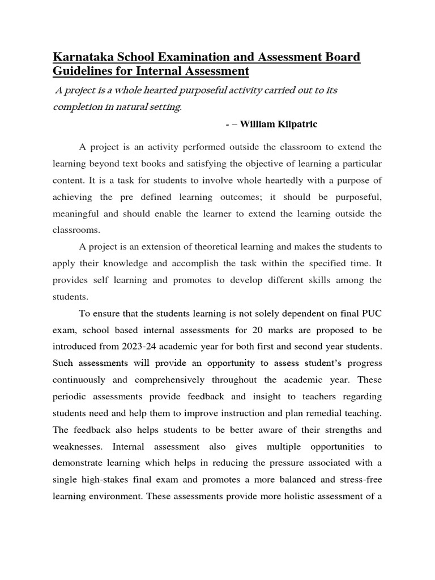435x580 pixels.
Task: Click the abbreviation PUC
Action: point(370,313)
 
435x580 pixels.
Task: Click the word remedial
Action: point(322,413)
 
